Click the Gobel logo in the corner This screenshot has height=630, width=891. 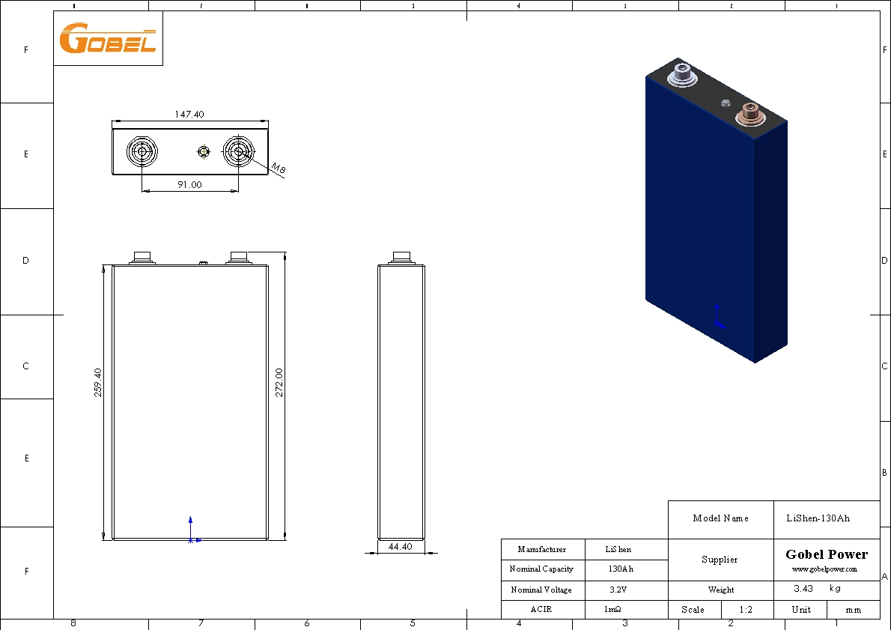pyautogui.click(x=107, y=38)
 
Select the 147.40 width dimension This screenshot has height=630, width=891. pyautogui.click(x=189, y=115)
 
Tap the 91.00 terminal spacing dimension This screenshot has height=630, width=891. pyautogui.click(x=190, y=184)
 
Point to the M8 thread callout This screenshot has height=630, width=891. pyautogui.click(x=278, y=169)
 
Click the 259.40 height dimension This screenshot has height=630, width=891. pyautogui.click(x=98, y=383)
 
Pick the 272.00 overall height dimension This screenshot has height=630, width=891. pyautogui.click(x=279, y=383)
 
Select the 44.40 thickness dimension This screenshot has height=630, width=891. pyautogui.click(x=400, y=547)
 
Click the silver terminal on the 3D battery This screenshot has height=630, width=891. pyautogui.click(x=682, y=74)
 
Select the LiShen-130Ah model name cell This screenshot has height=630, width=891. pyautogui.click(x=818, y=518)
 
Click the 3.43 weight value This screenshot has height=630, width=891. pyautogui.click(x=805, y=590)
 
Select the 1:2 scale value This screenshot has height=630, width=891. pyautogui.click(x=745, y=610)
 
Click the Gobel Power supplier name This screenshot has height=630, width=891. pyautogui.click(x=827, y=555)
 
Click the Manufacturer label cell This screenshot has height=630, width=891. pyautogui.click(x=541, y=550)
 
